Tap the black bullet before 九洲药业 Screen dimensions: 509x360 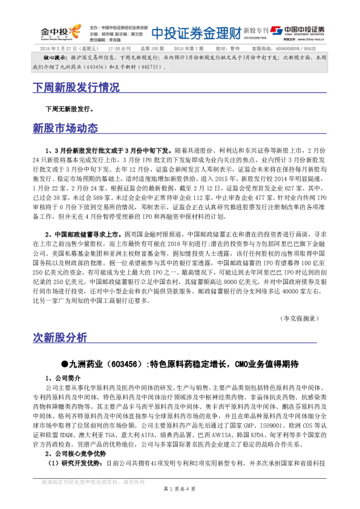65,364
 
